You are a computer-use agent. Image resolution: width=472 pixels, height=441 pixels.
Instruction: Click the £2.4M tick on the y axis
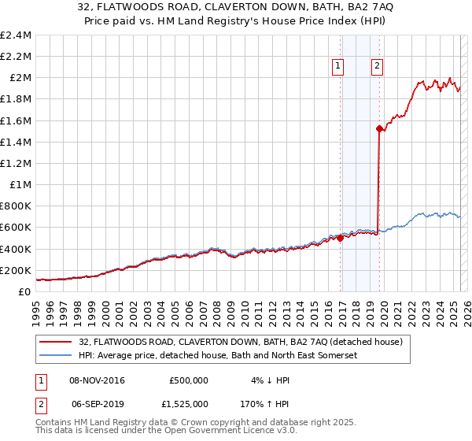(x=16, y=35)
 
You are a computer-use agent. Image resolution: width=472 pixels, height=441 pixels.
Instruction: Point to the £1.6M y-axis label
(x=16, y=120)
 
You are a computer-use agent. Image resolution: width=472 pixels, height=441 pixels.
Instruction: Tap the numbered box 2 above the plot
(x=378, y=67)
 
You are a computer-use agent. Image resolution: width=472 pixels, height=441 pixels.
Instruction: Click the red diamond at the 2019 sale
(x=379, y=128)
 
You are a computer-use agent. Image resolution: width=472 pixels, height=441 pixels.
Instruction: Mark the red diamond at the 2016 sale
(x=340, y=239)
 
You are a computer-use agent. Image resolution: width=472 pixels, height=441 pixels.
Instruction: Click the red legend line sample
(x=56, y=342)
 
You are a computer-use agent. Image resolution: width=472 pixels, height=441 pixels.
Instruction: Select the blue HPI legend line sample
(x=56, y=355)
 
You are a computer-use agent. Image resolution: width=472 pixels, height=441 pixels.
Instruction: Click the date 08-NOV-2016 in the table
(x=97, y=380)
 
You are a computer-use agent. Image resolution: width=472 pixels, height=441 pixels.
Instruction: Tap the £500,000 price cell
(x=189, y=380)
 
